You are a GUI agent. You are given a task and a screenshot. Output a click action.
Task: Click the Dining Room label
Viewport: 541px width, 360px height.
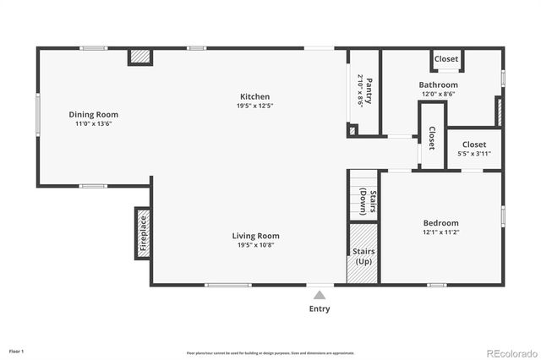click(94, 114)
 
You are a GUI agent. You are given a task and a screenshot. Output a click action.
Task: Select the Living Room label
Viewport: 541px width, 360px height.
click(255, 236)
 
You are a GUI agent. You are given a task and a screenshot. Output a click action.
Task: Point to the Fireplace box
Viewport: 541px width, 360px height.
click(143, 233)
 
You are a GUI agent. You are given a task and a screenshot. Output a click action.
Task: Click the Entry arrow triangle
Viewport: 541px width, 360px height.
click(320, 295)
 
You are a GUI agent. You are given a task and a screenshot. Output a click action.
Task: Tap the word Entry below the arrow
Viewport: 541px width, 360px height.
click(320, 308)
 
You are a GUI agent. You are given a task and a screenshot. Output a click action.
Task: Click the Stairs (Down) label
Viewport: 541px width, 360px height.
click(363, 199)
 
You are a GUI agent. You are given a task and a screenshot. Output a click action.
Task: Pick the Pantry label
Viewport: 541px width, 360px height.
click(369, 89)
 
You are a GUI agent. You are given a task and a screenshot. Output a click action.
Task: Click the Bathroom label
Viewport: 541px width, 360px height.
click(439, 85)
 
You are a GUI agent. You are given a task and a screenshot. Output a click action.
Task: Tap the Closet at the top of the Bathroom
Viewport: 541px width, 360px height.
click(446, 59)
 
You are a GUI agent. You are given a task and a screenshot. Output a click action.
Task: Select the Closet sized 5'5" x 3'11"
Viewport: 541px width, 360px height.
click(474, 145)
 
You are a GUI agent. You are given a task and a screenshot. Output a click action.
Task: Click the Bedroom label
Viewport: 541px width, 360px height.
click(440, 223)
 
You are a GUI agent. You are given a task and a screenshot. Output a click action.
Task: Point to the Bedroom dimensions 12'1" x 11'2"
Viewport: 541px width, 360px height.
click(440, 234)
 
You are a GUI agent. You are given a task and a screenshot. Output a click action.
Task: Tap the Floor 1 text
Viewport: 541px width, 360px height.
click(17, 351)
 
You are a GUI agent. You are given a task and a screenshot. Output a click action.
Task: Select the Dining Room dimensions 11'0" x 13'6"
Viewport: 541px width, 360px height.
click(94, 123)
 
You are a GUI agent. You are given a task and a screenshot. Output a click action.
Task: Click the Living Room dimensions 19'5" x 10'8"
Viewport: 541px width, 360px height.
click(255, 245)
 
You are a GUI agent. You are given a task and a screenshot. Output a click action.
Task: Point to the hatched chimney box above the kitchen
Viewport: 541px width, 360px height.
click(140, 57)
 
